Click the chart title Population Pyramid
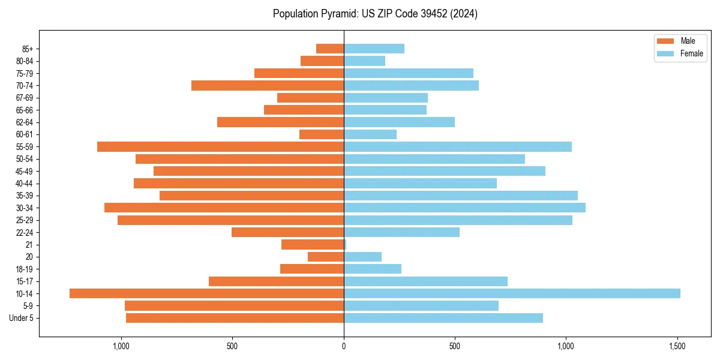click(x=375, y=14)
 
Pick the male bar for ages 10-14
click(x=206, y=293)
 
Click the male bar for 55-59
click(x=220, y=146)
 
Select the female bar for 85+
click(x=374, y=49)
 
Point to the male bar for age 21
click(x=313, y=245)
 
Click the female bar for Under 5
click(x=443, y=318)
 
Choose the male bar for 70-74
click(x=268, y=86)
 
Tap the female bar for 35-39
click(x=461, y=196)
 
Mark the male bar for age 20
click(x=326, y=257)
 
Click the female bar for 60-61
click(x=370, y=134)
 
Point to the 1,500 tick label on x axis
click(x=677, y=346)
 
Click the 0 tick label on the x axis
click(x=344, y=346)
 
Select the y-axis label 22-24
click(x=25, y=233)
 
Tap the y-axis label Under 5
click(x=21, y=318)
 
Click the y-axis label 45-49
click(x=25, y=171)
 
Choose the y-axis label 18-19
click(x=25, y=269)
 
